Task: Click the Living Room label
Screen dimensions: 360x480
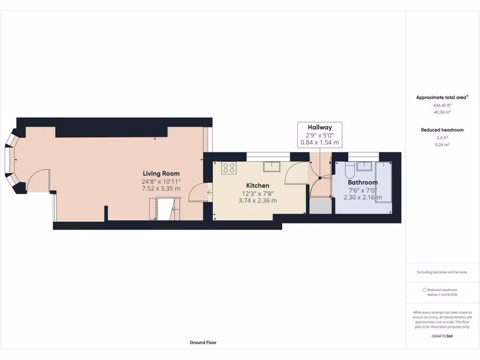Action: click(161, 173)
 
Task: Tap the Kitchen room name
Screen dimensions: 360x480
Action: click(257, 186)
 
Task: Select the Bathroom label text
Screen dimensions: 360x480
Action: click(362, 182)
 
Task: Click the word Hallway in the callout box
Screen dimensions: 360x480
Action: click(320, 127)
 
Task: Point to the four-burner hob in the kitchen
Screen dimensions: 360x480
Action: click(229, 168)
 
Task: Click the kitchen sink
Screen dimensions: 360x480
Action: click(271, 166)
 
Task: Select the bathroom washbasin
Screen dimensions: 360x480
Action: click(364, 165)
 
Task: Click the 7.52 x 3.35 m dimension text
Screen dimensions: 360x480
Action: click(161, 188)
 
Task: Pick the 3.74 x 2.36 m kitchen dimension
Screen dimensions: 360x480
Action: click(257, 201)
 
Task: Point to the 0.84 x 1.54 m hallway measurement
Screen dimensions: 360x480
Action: click(320, 142)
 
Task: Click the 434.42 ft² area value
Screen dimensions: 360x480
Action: click(442, 105)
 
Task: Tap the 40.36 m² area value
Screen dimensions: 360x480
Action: click(442, 112)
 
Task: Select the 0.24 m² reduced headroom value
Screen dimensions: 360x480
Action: click(442, 145)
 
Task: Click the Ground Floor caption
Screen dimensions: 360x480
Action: click(203, 343)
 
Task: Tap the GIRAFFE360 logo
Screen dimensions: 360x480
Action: click(442, 336)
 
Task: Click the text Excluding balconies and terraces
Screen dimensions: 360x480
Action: click(442, 272)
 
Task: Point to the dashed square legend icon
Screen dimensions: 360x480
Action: click(424, 290)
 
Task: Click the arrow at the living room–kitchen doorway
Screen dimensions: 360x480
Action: click(209, 192)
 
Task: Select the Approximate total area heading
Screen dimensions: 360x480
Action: click(442, 97)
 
